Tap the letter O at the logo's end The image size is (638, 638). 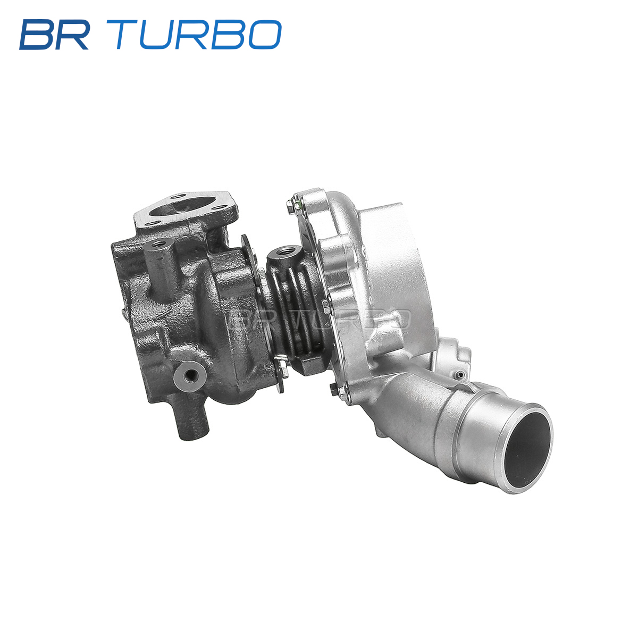(x=265, y=35)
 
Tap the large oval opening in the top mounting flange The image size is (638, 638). (x=180, y=206)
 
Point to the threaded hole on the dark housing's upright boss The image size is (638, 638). (x=159, y=245)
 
